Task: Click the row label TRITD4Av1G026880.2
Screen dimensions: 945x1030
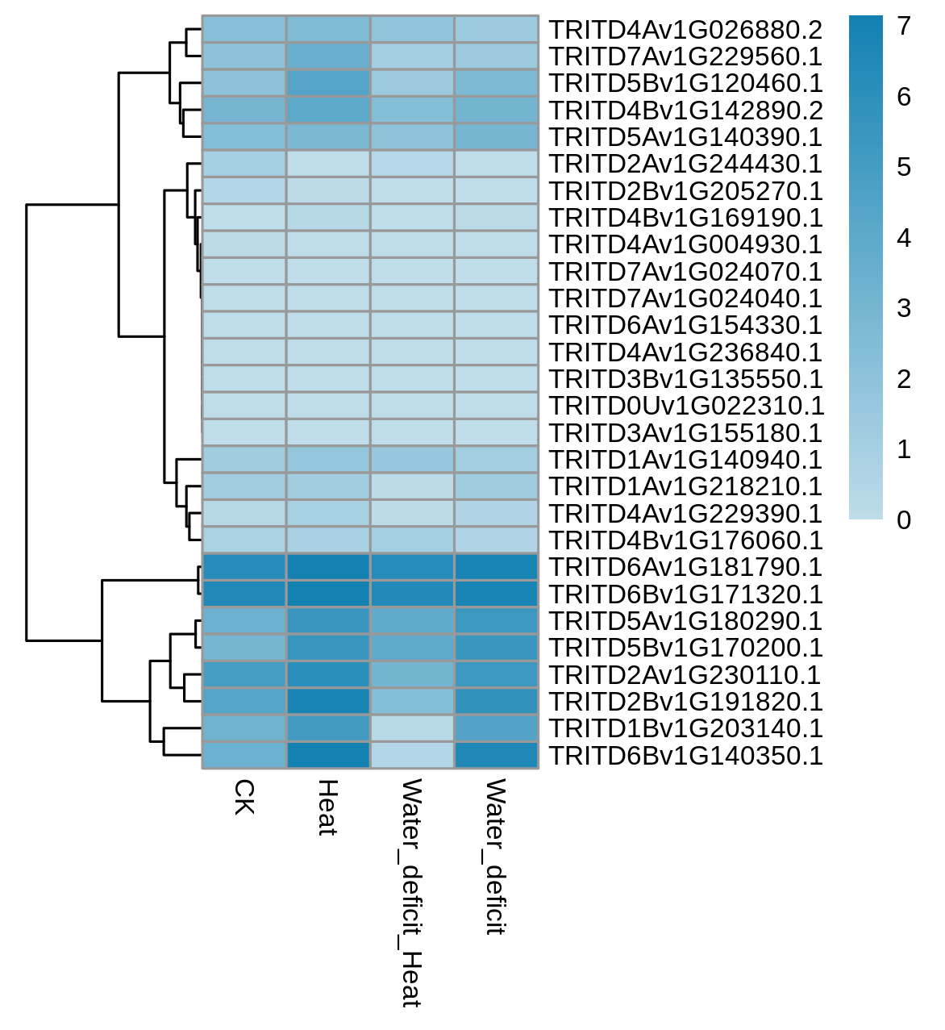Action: tap(686, 30)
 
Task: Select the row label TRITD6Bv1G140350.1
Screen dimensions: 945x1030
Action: tap(686, 756)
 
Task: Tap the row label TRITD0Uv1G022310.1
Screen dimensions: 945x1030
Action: tap(687, 407)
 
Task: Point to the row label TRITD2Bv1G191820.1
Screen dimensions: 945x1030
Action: tap(686, 702)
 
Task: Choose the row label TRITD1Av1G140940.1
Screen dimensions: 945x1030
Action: tap(686, 460)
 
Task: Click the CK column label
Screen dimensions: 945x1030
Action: tap(244, 798)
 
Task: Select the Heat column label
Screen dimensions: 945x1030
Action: tap(328, 807)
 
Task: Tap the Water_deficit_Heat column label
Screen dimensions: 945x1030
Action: tap(412, 894)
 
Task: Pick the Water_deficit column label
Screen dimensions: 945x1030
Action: tap(496, 857)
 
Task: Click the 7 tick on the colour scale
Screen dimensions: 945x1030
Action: tap(904, 26)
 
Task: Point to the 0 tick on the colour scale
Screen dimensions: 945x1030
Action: tap(904, 520)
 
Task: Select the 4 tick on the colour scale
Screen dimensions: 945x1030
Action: tap(904, 238)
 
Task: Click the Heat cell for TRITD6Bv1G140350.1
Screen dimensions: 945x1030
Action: tap(328, 755)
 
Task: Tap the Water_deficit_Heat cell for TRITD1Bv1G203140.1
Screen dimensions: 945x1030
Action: tap(412, 728)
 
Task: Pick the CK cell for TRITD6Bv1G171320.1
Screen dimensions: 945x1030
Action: tap(244, 594)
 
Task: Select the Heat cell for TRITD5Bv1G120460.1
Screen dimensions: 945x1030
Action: tap(328, 83)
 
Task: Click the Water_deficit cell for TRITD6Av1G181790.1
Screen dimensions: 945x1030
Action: tap(497, 567)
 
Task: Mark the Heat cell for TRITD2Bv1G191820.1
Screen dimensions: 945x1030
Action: tap(328, 702)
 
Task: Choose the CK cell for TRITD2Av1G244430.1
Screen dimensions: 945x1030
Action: tap(244, 164)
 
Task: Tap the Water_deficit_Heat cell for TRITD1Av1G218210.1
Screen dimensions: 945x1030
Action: tap(412, 486)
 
